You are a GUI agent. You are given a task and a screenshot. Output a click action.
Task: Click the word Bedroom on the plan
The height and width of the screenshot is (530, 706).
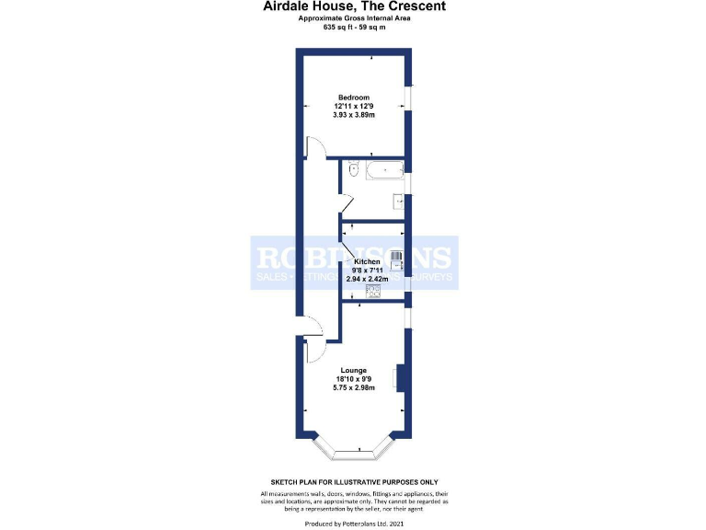tap(353, 98)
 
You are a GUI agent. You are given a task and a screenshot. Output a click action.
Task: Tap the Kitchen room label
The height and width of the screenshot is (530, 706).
tap(354, 261)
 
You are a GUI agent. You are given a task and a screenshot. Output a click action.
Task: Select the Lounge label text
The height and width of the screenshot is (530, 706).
tap(354, 371)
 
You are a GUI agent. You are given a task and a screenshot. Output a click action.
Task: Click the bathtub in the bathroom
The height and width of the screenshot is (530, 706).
tap(381, 169)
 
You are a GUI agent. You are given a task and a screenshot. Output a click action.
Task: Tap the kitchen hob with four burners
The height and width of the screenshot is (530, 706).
tap(373, 291)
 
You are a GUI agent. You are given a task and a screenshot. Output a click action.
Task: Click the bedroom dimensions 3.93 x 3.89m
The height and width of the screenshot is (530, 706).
tap(353, 115)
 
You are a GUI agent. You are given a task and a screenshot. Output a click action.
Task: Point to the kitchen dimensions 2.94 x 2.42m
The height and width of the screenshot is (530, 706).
tap(354, 278)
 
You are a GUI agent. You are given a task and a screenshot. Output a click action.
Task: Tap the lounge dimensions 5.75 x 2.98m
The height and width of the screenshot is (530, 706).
tap(354, 387)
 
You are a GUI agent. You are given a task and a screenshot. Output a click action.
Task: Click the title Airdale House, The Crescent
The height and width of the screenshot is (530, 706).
tap(354, 6)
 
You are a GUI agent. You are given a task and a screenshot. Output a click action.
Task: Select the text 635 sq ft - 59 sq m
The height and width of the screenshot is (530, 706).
tap(354, 27)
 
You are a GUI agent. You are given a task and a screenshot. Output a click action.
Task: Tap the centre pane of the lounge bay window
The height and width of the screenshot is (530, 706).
tap(354, 455)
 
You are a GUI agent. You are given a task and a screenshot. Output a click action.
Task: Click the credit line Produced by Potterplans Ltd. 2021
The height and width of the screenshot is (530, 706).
tap(354, 523)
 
